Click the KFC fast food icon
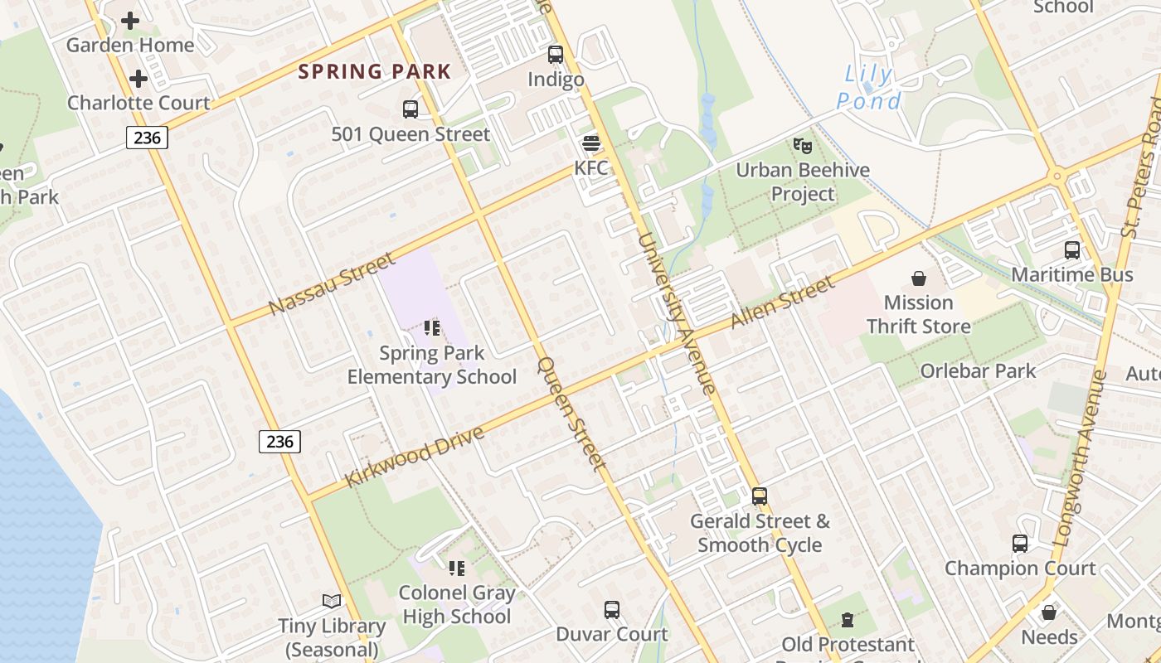click(590, 143)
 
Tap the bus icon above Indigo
click(556, 55)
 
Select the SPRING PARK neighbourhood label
click(374, 71)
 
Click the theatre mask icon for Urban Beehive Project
click(802, 146)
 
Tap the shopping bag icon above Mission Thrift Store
click(918, 278)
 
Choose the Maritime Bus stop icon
click(1071, 250)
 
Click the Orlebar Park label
click(978, 370)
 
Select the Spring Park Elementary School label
click(431, 365)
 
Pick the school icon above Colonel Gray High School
click(456, 569)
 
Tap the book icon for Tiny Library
click(331, 601)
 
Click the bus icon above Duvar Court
click(612, 610)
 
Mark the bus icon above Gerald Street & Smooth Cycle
click(760, 496)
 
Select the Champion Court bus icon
click(1019, 544)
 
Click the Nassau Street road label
click(333, 284)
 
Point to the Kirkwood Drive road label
click(415, 457)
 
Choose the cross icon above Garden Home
click(130, 21)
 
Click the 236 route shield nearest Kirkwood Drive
click(279, 442)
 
